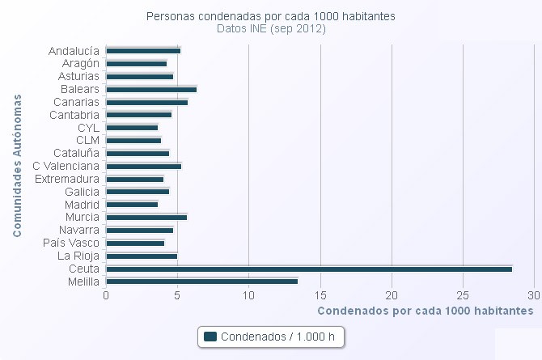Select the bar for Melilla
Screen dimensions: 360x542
click(201, 282)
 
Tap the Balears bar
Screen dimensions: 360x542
click(150, 89)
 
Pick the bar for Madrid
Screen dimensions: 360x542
click(131, 205)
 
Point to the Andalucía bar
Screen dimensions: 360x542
click(142, 50)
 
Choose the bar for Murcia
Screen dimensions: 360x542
click(146, 217)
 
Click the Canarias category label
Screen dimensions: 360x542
click(76, 102)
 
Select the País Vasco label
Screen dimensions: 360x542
click(71, 243)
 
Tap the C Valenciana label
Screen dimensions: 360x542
click(66, 166)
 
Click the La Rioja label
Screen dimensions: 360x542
click(78, 256)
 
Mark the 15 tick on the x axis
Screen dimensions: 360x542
click(320, 295)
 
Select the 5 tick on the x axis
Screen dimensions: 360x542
click(177, 295)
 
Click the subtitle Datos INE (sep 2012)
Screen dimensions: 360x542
click(271, 28)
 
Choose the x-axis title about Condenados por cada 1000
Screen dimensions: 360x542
click(425, 310)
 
